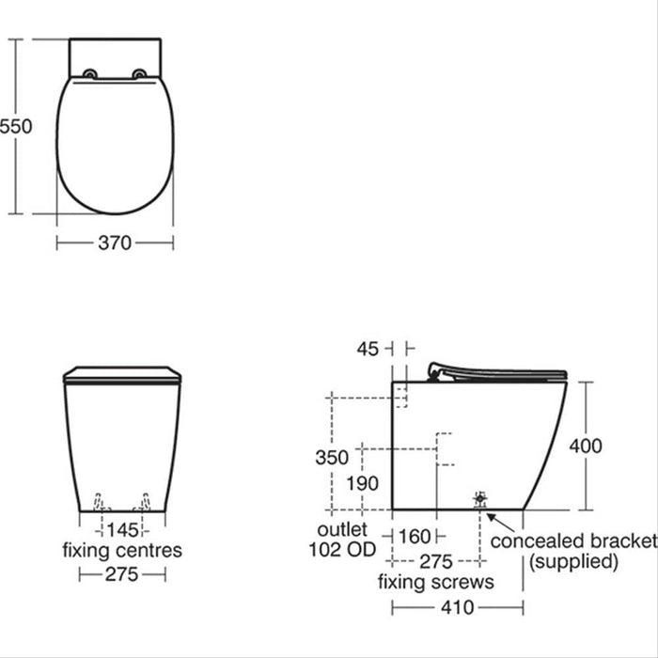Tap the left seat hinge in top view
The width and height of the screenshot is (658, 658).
(89, 75)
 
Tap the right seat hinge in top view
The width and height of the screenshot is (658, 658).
(141, 75)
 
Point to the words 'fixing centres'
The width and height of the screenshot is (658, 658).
(121, 551)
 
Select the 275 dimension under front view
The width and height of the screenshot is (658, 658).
(121, 574)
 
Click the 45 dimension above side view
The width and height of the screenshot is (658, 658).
(368, 349)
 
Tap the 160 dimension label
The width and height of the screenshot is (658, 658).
(414, 537)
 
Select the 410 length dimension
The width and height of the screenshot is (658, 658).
(457, 607)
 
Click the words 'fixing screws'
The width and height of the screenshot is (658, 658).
(435, 583)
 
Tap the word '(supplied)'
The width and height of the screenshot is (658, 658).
(573, 562)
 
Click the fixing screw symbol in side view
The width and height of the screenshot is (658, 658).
(480, 497)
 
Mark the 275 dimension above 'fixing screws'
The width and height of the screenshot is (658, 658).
(435, 562)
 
